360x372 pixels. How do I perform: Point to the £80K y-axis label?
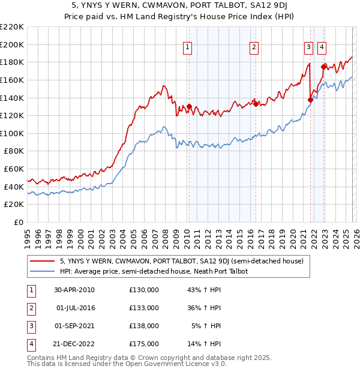click(x=14, y=151)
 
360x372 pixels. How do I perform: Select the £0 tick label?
click(x=18, y=223)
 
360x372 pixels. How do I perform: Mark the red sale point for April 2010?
click(x=189, y=107)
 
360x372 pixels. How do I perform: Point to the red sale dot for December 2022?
click(x=323, y=67)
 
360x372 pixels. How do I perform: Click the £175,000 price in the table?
click(x=144, y=344)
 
